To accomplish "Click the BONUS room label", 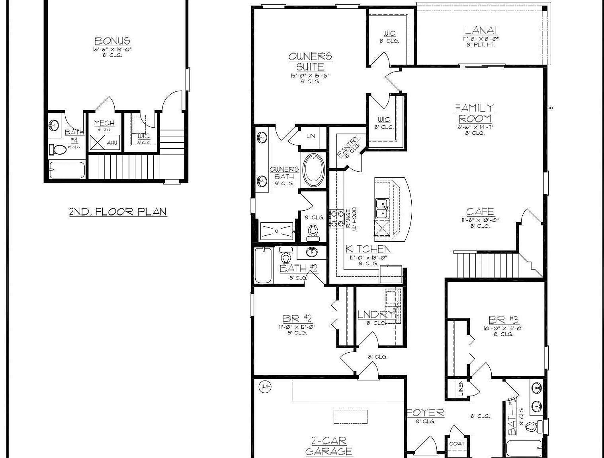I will (x=112, y=41).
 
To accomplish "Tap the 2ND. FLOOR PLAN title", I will (x=118, y=212).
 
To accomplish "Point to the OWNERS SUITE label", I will (x=310, y=61).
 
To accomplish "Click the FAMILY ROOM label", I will (x=475, y=113).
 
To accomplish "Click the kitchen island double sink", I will (x=382, y=209).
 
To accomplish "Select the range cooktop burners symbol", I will (x=337, y=219).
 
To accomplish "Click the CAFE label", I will (x=480, y=212).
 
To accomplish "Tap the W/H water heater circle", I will (x=264, y=386).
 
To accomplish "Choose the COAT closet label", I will (x=456, y=444).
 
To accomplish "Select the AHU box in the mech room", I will (x=111, y=142).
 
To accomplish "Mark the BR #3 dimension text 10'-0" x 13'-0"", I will (x=503, y=328).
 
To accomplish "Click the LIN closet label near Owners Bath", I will (x=311, y=136).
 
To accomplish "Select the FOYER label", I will (x=425, y=413).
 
